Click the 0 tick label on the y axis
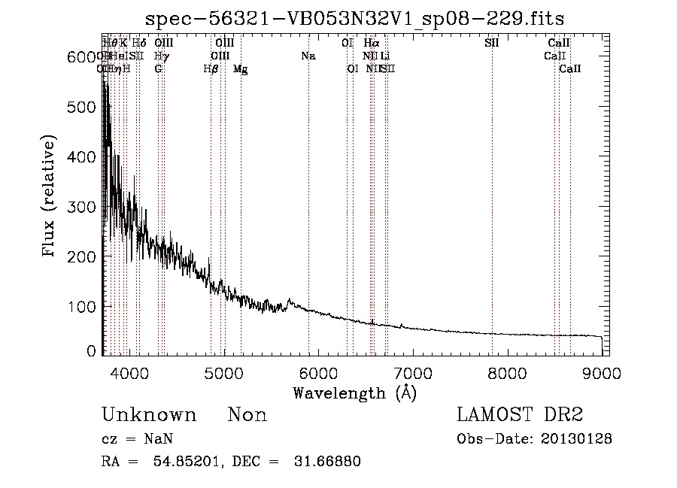[91, 351]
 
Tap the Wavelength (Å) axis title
[354, 393]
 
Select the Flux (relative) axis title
[51, 197]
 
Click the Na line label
[308, 56]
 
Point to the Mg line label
[241, 69]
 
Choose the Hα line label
[371, 44]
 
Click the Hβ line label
[211, 69]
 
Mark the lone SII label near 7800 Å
[492, 44]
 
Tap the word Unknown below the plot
[149, 416]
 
